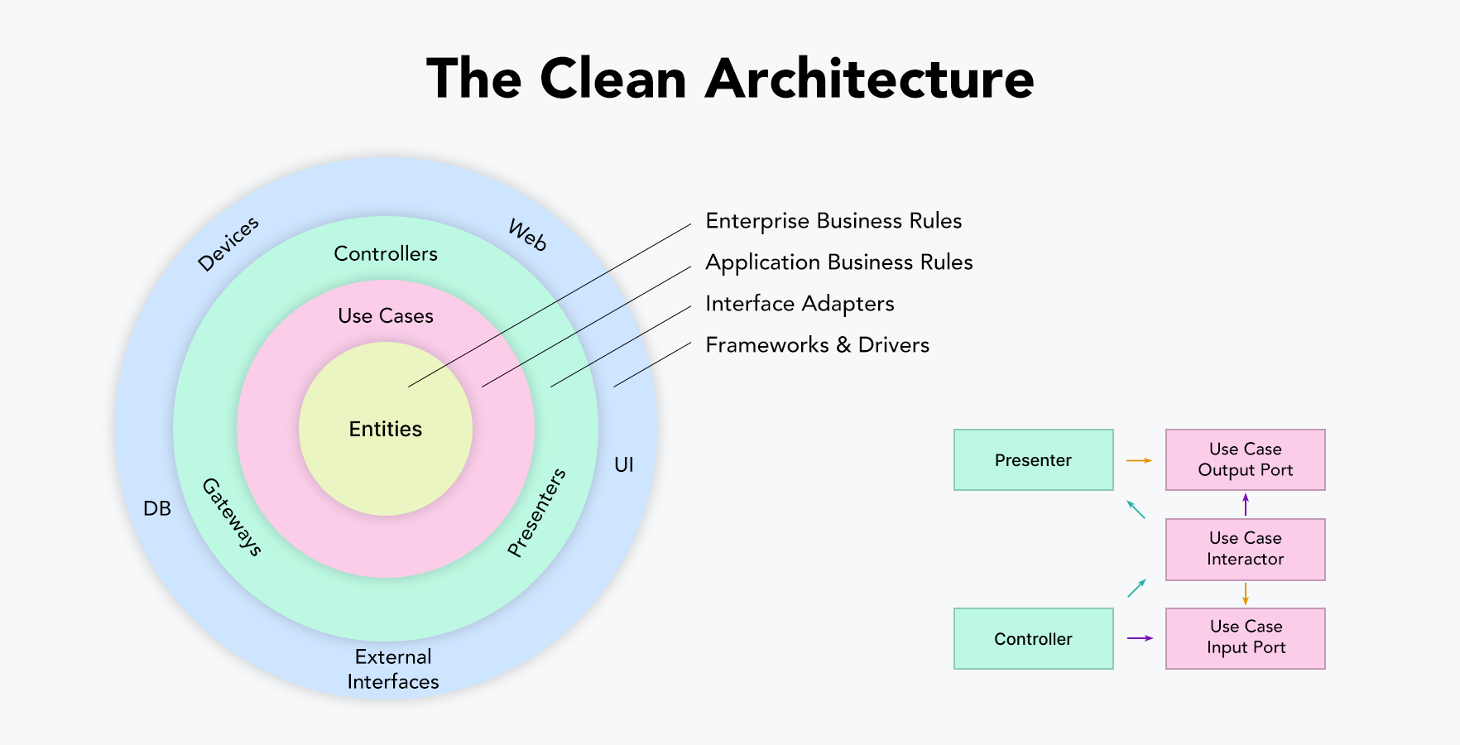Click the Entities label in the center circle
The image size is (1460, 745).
pos(386,429)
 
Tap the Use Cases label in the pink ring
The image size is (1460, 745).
pos(386,316)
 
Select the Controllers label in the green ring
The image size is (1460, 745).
pos(386,254)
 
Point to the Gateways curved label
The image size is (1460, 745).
pos(232,517)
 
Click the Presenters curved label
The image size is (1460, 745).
pos(536,512)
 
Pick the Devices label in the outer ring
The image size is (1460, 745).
pos(228,244)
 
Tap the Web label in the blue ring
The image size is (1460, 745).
pos(527,235)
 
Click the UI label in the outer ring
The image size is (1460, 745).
pos(624,465)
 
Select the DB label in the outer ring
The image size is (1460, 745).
pos(157,508)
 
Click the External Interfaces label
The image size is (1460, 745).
pos(393,669)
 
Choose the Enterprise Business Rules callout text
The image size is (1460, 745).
pos(833,221)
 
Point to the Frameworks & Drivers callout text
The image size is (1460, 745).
pos(817,345)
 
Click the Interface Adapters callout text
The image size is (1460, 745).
pos(800,304)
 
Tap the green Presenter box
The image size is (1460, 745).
pos(1033,460)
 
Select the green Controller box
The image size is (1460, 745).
pos(1033,639)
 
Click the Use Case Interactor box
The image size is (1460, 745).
pos(1245,549)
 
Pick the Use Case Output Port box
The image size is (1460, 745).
pos(1245,459)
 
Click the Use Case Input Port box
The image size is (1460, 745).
pos(1245,638)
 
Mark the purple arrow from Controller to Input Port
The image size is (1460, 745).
pos(1140,638)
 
